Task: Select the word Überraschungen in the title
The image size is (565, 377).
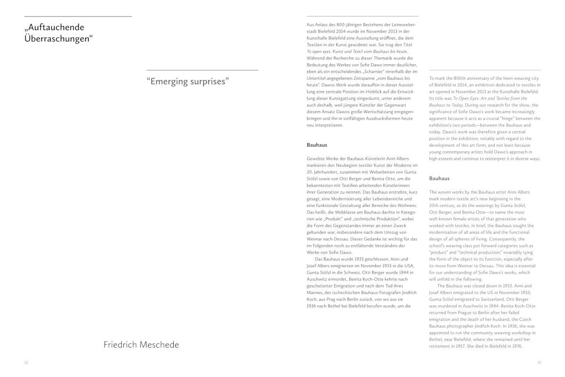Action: click(x=57, y=39)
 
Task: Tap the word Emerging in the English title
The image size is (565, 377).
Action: click(x=171, y=81)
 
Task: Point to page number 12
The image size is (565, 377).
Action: click(x=26, y=362)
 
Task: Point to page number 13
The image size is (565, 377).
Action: click(x=539, y=362)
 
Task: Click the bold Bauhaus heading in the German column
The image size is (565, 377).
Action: click(x=317, y=145)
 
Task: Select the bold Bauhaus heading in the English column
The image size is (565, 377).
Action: click(x=439, y=178)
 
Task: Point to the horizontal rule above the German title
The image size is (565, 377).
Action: click(x=78, y=16)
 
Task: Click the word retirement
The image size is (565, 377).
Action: click(x=441, y=346)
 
